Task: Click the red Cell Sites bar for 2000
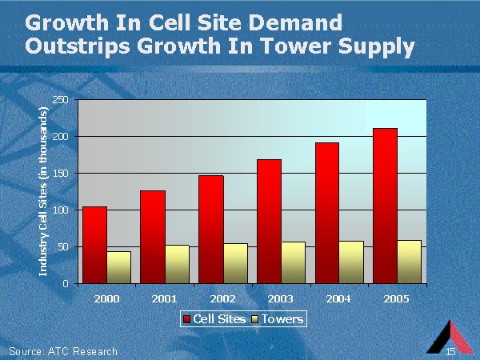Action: tap(94, 245)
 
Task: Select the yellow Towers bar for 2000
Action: tap(118, 267)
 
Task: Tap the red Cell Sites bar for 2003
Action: tap(269, 221)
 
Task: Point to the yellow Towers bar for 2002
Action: tap(235, 263)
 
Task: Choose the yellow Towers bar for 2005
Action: tap(409, 262)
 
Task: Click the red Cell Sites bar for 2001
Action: tap(153, 237)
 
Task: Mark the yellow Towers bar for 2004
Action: tap(351, 262)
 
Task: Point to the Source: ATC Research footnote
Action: tap(63, 351)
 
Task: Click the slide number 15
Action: tap(451, 351)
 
